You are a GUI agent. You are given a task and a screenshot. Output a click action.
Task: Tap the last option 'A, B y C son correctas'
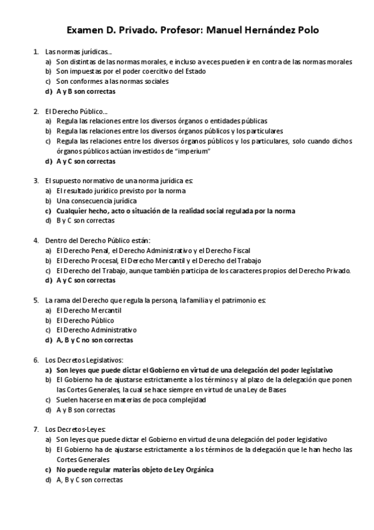[89, 479]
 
